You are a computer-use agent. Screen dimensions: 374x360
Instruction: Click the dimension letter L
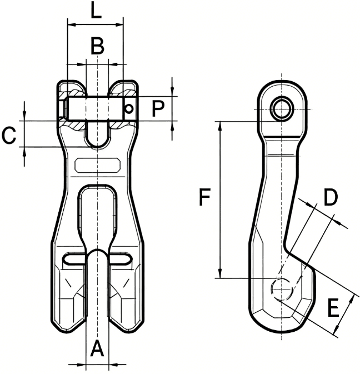(96, 11)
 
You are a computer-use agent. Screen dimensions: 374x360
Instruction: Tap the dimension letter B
(97, 46)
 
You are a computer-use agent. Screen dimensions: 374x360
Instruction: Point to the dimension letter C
(9, 135)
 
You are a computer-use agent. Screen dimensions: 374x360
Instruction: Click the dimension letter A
(97, 349)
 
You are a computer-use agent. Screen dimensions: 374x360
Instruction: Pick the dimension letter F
(206, 197)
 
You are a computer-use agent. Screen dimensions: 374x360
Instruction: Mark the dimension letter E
(333, 307)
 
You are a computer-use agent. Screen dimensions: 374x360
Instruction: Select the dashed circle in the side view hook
(282, 287)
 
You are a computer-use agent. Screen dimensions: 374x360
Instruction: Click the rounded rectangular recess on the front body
(97, 165)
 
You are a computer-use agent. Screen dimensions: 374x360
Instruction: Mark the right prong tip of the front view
(126, 326)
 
